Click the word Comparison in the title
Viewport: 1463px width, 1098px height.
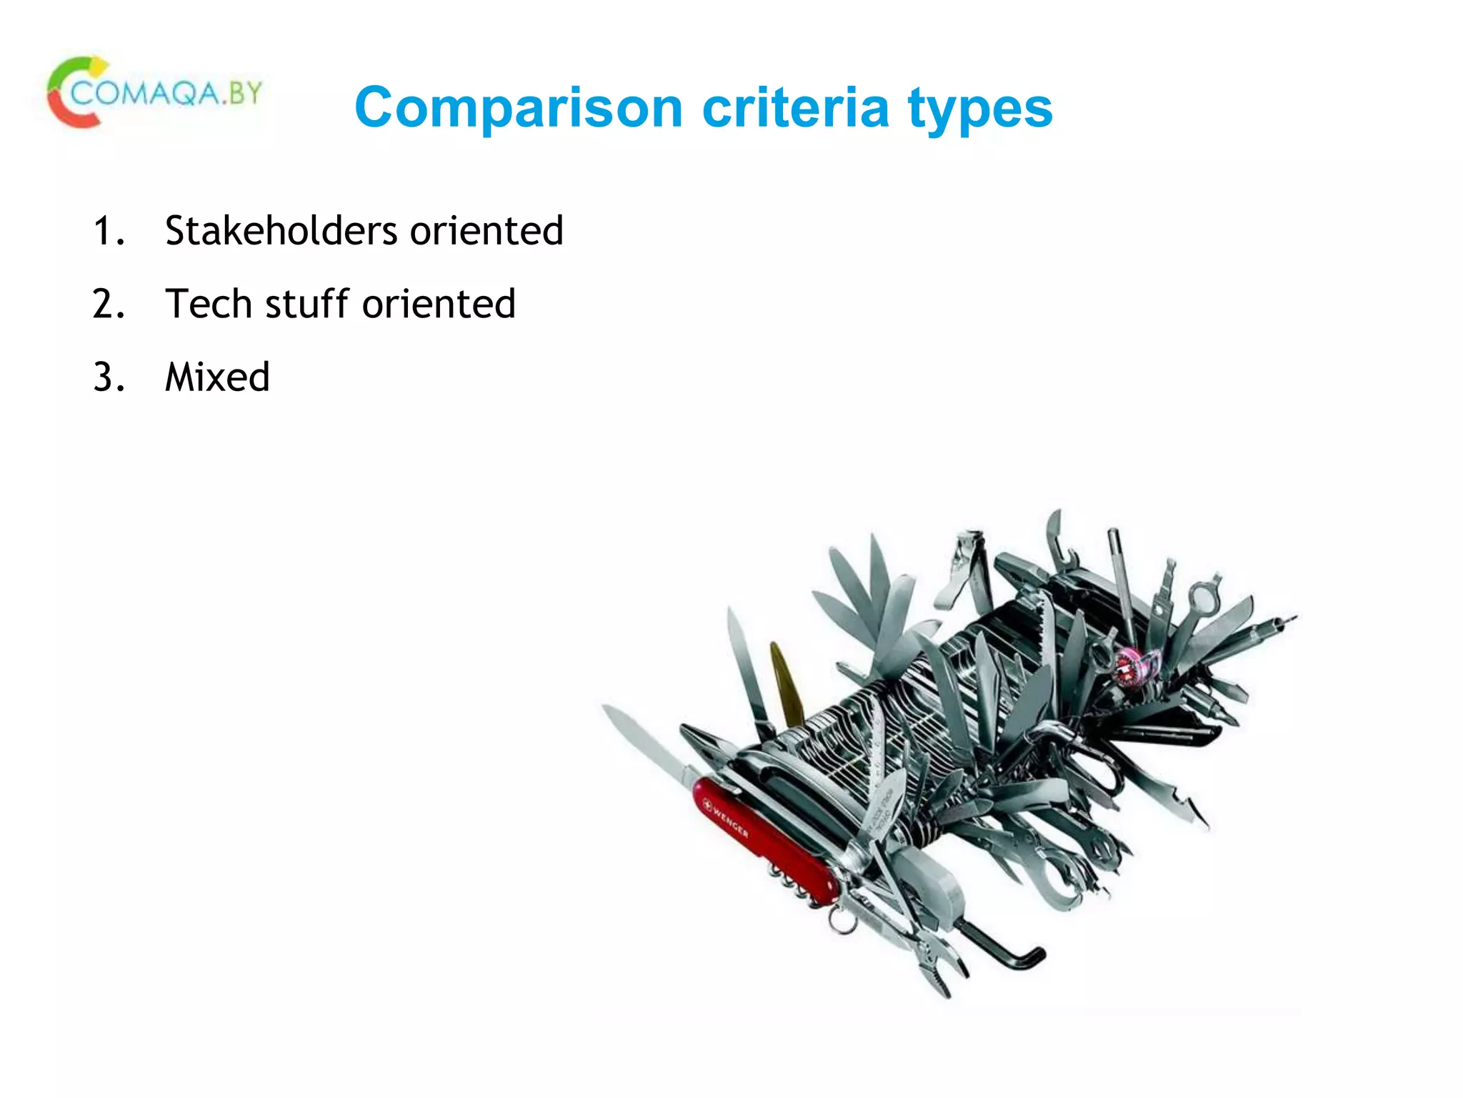[x=519, y=109]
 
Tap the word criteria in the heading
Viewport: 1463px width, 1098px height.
[x=795, y=107]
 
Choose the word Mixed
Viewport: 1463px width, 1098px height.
[x=217, y=377]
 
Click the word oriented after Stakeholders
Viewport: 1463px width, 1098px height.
[x=486, y=231]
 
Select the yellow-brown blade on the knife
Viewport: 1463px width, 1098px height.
[x=785, y=683]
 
